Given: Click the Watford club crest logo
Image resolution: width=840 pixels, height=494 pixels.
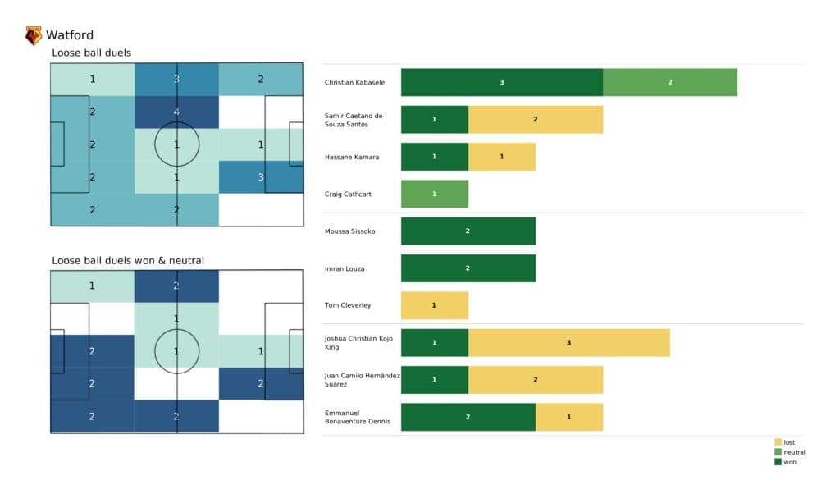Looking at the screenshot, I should click(x=34, y=35).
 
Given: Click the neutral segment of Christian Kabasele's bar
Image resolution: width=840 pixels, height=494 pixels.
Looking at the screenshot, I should click(x=669, y=82).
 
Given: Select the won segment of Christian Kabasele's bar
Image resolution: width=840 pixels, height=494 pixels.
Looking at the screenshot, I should click(x=501, y=82).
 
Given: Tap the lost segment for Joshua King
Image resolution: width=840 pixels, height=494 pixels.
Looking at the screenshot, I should click(x=568, y=342).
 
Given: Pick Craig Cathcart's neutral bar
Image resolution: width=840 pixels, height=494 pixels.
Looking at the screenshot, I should click(x=434, y=194).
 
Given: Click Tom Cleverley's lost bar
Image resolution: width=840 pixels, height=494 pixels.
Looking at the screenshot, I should click(x=434, y=305).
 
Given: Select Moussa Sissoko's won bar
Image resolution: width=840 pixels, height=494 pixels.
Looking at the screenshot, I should click(x=468, y=231).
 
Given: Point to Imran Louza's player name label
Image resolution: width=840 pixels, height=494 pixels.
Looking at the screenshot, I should click(x=343, y=268).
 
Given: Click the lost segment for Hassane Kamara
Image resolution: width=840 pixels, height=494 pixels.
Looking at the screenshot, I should click(x=501, y=157).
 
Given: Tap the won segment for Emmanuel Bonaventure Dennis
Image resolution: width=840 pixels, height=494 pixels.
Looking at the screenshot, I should click(x=468, y=417).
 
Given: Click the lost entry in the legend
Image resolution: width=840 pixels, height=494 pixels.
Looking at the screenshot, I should click(x=788, y=442).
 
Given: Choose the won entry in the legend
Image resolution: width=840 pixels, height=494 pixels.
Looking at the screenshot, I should click(x=788, y=462).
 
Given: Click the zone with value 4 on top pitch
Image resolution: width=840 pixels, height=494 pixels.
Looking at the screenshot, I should click(x=176, y=112).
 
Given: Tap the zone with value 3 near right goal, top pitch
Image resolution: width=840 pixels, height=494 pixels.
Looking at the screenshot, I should click(x=260, y=177).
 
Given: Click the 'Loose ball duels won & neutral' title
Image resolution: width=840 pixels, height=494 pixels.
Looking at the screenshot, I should click(x=128, y=261).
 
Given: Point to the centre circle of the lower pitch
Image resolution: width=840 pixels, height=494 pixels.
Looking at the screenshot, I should click(x=176, y=351).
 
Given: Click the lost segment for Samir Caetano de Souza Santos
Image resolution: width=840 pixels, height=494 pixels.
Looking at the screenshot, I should click(x=535, y=119).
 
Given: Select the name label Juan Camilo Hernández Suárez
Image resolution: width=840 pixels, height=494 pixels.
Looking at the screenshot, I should click(x=361, y=379).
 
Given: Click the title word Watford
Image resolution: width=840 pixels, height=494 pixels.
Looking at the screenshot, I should click(x=70, y=35).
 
